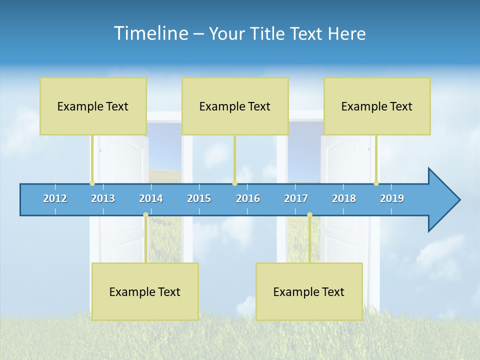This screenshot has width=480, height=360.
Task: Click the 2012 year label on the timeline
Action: (55, 198)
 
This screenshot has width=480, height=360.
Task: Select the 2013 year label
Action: (103, 198)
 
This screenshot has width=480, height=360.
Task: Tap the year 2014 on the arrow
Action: (151, 198)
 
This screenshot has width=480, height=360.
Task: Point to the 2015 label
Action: (199, 198)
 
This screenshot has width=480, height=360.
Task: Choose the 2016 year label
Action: (248, 198)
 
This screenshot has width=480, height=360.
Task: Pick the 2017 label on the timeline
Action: (296, 198)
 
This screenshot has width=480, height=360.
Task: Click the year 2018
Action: (344, 198)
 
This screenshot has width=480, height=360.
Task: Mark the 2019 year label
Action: (392, 198)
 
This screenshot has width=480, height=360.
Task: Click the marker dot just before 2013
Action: (92, 183)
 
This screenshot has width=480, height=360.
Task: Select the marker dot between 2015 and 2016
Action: (234, 183)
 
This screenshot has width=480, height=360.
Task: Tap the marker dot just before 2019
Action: (376, 183)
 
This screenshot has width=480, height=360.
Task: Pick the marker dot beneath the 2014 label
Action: (145, 215)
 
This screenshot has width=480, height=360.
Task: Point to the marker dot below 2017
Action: (309, 215)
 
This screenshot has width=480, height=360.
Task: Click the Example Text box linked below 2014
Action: (145, 291)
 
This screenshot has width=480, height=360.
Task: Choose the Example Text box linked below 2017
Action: (309, 291)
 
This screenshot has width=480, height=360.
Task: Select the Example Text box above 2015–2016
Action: (234, 106)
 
